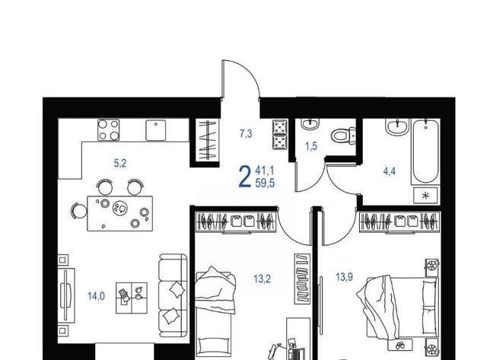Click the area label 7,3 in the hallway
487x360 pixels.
click(246, 134)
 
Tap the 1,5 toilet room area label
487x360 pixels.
click(311, 146)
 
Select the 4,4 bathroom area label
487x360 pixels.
click(390, 170)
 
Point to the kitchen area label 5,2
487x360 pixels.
click(120, 163)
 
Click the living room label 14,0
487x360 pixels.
click(96, 296)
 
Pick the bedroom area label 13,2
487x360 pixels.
click(262, 279)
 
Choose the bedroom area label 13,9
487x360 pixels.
click(345, 276)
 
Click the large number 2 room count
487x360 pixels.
click(245, 177)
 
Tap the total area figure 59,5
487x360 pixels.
click(265, 183)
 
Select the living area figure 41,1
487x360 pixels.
click(264, 170)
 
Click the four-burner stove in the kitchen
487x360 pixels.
click(108, 130)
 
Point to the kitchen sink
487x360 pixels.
click(155, 130)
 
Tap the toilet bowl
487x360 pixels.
click(343, 135)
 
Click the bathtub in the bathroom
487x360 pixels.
click(425, 151)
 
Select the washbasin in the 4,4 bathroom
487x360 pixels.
click(397, 127)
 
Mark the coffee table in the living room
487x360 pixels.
click(132, 298)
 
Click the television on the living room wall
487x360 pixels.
click(66, 295)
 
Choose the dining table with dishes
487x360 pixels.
click(120, 213)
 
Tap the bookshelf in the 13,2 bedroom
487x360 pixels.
click(302, 279)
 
